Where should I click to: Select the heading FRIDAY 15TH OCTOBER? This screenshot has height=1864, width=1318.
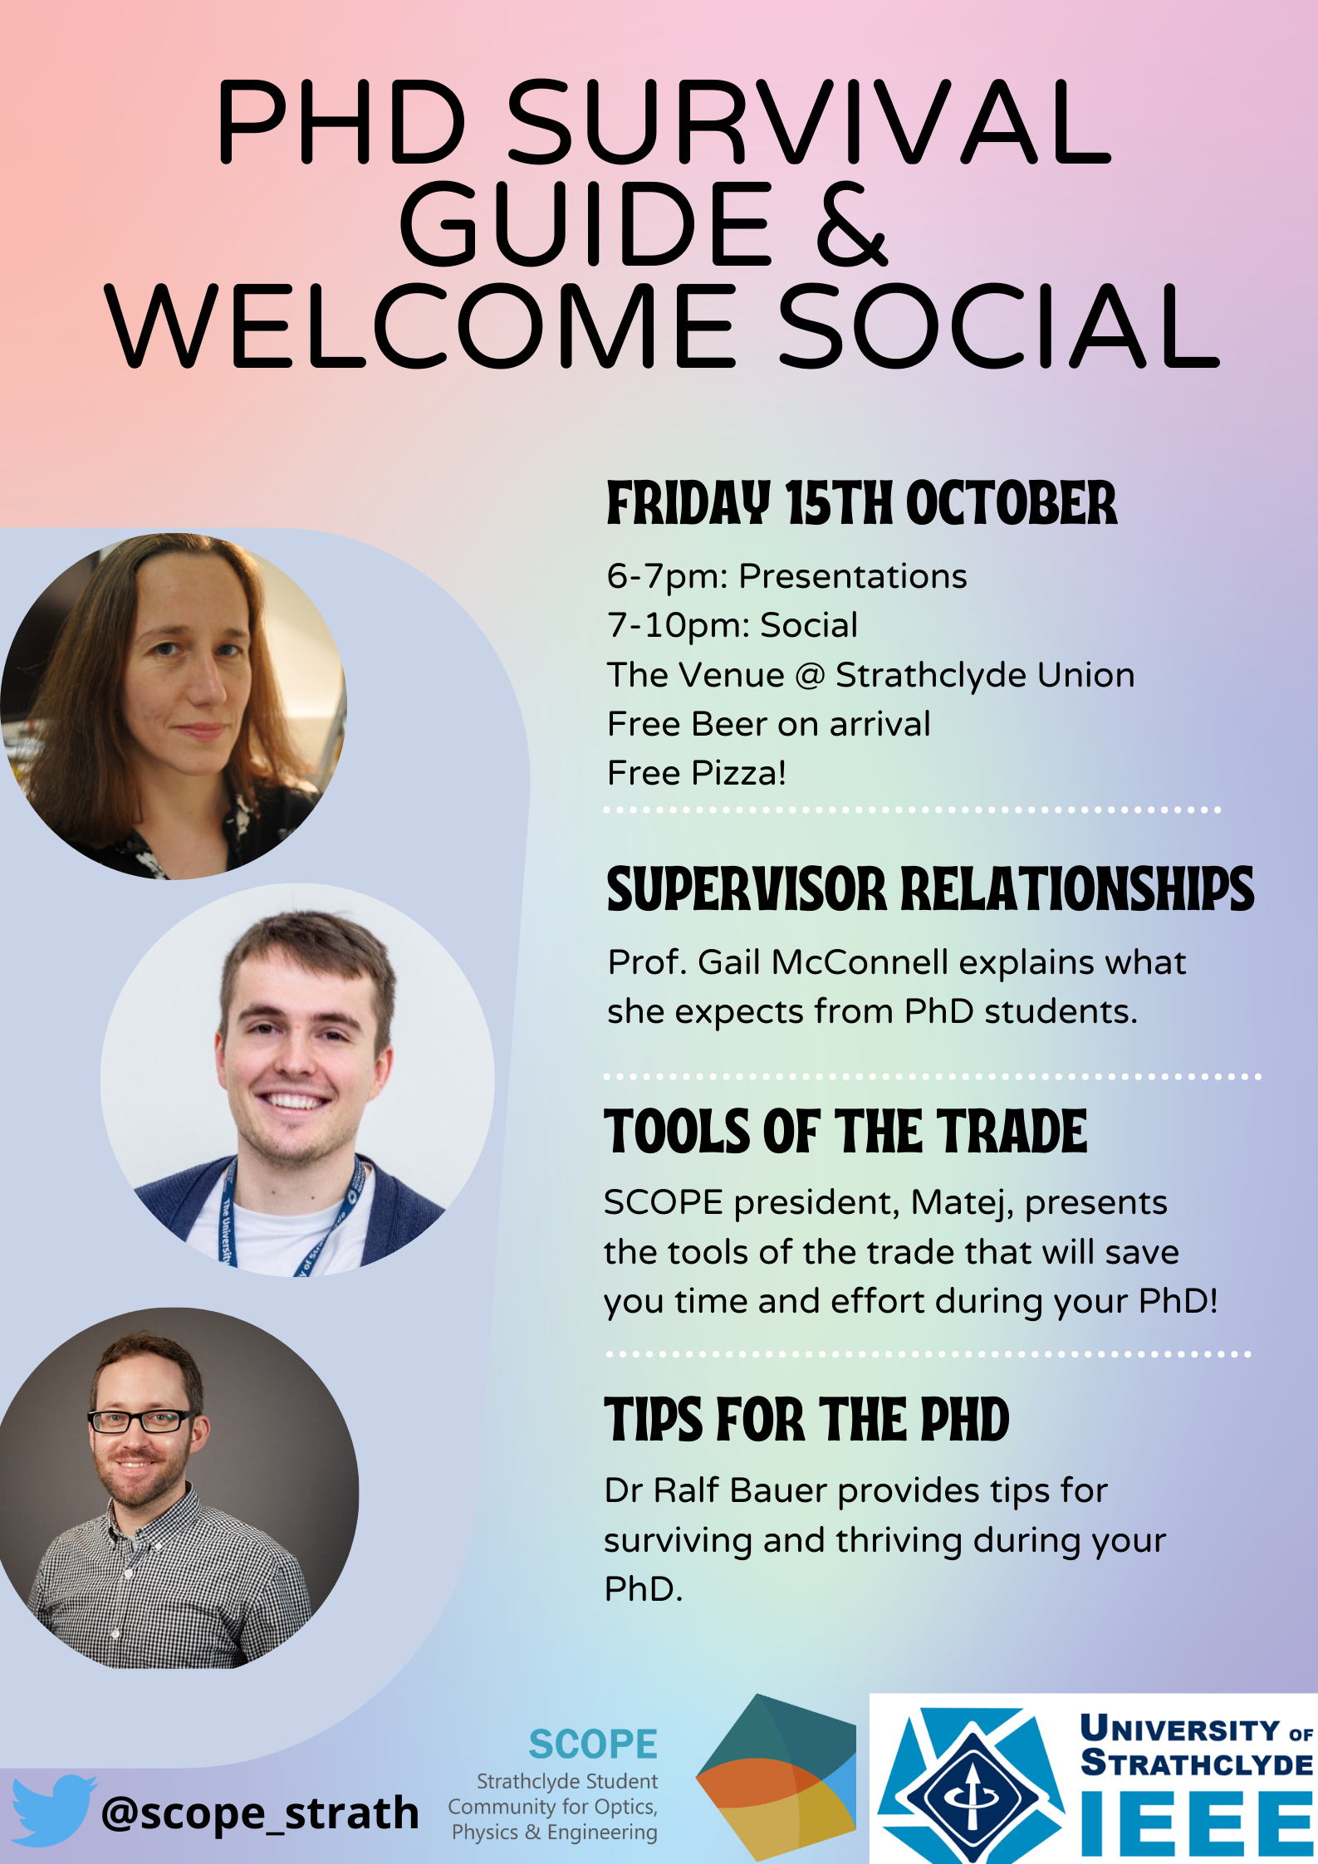(x=861, y=503)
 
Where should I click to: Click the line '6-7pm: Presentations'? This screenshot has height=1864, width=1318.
(x=786, y=576)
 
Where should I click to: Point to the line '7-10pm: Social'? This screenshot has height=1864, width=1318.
(x=732, y=625)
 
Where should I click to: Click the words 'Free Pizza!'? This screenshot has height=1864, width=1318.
(x=696, y=773)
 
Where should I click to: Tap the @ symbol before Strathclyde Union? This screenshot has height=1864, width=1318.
(x=809, y=676)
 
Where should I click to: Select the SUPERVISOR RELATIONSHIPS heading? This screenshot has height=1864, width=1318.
(x=930, y=889)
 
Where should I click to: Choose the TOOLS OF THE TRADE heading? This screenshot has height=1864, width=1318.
(x=845, y=1132)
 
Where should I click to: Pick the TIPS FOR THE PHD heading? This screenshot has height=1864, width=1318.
(x=806, y=1420)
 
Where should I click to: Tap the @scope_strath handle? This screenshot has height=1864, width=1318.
(x=260, y=1813)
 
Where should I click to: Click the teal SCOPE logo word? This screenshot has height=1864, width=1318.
(x=593, y=1744)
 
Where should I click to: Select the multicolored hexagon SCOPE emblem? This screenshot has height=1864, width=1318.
(x=776, y=1777)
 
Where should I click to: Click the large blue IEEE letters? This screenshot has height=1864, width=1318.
(x=1196, y=1823)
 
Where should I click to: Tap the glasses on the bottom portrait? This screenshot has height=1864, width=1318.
(x=141, y=1421)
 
